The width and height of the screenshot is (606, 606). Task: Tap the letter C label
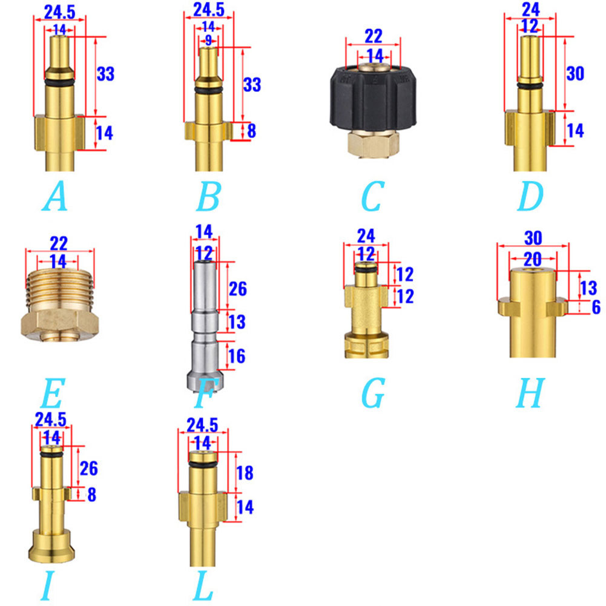(x=371, y=197)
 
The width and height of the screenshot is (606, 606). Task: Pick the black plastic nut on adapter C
(x=371, y=105)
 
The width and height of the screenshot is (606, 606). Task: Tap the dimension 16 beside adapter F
(x=237, y=356)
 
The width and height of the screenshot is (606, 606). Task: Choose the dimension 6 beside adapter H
(x=596, y=308)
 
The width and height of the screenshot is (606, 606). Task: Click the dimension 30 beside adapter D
(x=575, y=73)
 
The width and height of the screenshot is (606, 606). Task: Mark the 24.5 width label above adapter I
(x=51, y=420)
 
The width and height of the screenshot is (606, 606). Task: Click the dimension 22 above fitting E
(x=59, y=243)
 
